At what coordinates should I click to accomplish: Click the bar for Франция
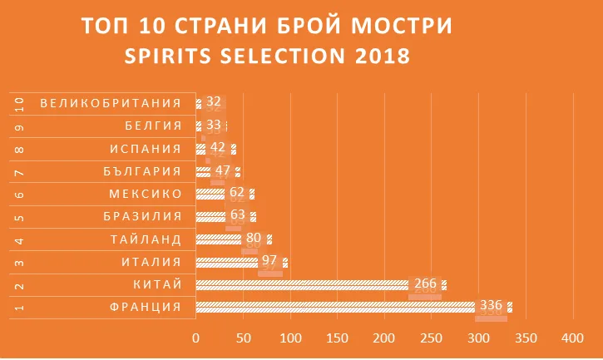(x=349, y=307)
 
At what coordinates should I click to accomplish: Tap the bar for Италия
(x=241, y=263)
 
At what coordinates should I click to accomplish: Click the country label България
(x=146, y=171)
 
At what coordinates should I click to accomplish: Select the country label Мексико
(x=146, y=194)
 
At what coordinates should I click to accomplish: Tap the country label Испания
(x=146, y=149)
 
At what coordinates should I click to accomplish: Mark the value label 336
(x=492, y=306)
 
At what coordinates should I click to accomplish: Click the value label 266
(x=425, y=284)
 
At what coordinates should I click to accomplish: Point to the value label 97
(x=270, y=261)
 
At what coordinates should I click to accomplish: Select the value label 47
(x=222, y=170)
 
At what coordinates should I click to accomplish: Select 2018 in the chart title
(x=378, y=57)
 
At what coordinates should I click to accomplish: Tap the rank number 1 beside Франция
(x=19, y=308)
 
